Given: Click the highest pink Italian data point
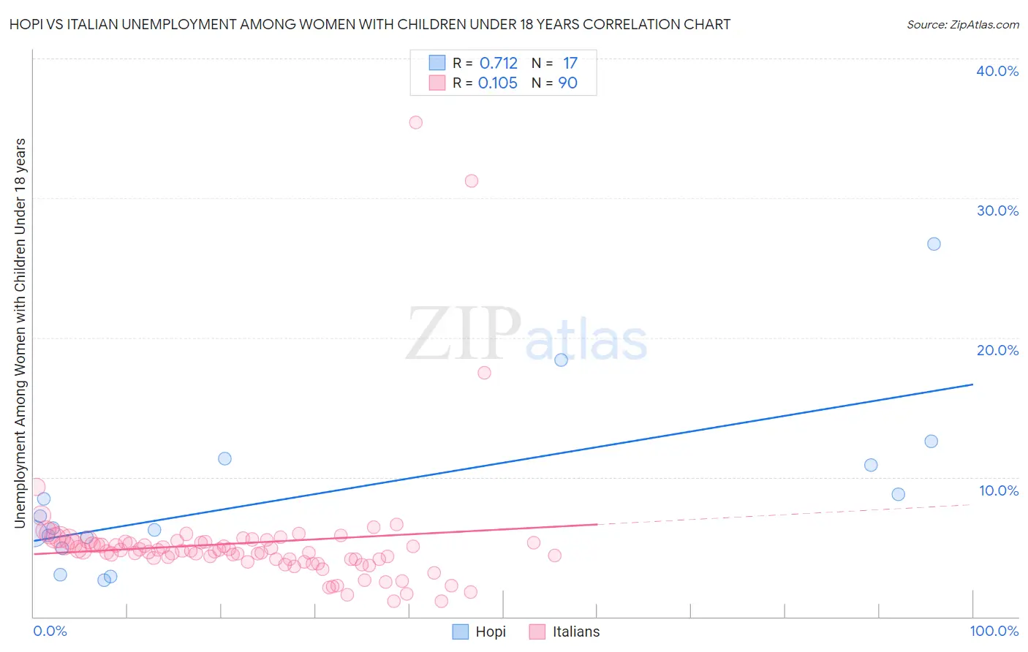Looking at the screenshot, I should (415, 122).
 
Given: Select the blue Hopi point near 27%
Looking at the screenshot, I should (934, 244).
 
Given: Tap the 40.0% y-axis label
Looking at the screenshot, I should (997, 71).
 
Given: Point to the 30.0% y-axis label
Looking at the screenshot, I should (997, 211).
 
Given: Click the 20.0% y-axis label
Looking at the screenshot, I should (997, 350).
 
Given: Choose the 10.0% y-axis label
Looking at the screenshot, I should (998, 490).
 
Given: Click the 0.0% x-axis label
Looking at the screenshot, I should (50, 631).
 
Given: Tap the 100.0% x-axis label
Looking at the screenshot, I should (994, 631).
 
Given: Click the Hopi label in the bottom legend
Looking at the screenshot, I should (491, 632).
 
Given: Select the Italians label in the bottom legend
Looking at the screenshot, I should (576, 632).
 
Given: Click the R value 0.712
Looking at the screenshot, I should (498, 64).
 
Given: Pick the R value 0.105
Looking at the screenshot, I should (497, 83).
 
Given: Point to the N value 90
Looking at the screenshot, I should (568, 83).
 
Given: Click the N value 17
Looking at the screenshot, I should (570, 64).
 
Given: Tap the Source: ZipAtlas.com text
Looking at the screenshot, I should (962, 24).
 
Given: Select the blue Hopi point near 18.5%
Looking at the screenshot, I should (561, 360).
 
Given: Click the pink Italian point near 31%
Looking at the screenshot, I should (472, 181).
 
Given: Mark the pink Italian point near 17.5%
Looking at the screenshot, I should (484, 373).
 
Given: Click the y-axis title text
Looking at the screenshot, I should (20, 333).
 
